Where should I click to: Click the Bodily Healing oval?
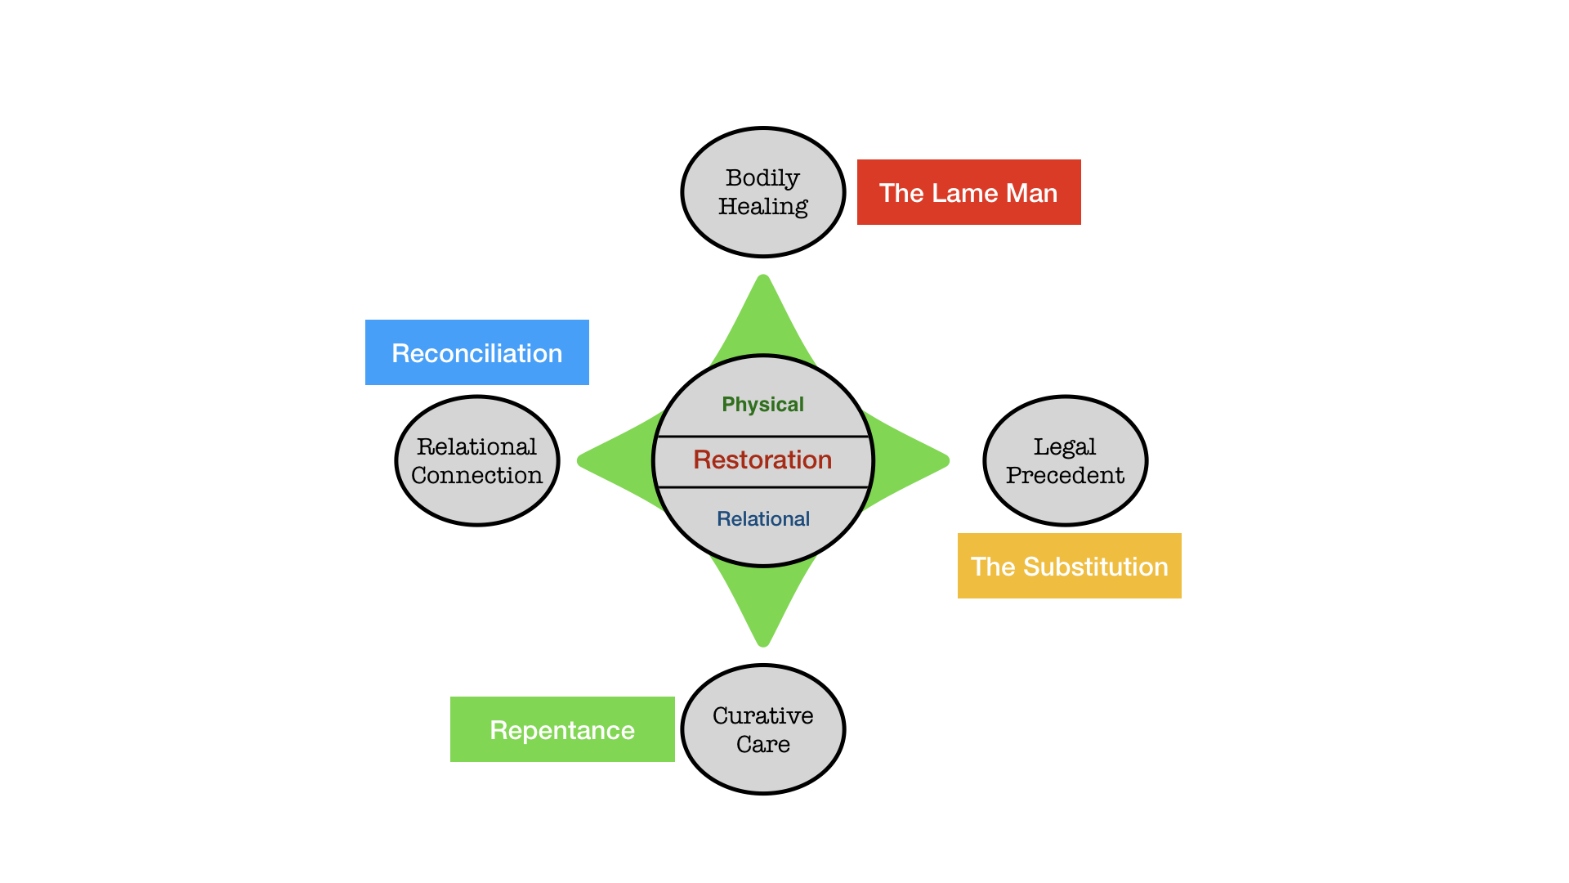tap(763, 192)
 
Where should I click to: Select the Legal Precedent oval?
tap(1065, 460)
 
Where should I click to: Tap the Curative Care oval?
tap(763, 729)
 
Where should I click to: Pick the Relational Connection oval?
tap(477, 460)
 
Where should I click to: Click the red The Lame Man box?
tap(968, 192)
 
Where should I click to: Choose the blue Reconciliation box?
tap(476, 352)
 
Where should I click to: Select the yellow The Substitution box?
tap(1069, 566)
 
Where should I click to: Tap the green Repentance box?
tap(562, 729)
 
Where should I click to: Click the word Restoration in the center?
tap(762, 460)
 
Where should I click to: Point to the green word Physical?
tap(762, 404)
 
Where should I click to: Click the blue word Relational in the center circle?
tap(763, 518)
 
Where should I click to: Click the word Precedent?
tap(1065, 475)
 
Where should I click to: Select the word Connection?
tap(476, 475)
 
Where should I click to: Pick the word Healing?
tap(763, 207)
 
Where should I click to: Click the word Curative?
tap(763, 715)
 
